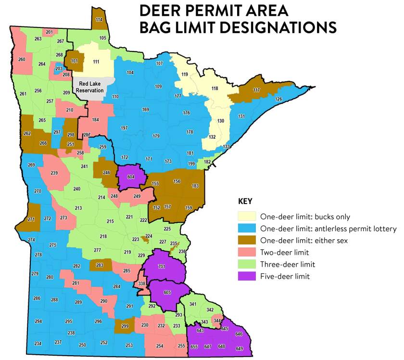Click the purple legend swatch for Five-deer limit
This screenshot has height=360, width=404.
(247, 276)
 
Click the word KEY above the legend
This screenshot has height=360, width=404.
(246, 201)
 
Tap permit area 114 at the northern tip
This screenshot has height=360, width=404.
(99, 20)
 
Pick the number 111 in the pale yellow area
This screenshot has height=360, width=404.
(96, 62)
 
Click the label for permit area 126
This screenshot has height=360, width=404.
(278, 99)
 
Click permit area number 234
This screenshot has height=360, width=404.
(38, 343)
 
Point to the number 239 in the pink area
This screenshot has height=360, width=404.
(54, 173)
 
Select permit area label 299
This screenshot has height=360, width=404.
(125, 326)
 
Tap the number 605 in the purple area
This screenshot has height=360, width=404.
(167, 293)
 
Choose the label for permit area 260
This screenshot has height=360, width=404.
(22, 60)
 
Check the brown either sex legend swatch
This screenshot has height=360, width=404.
(247, 240)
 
